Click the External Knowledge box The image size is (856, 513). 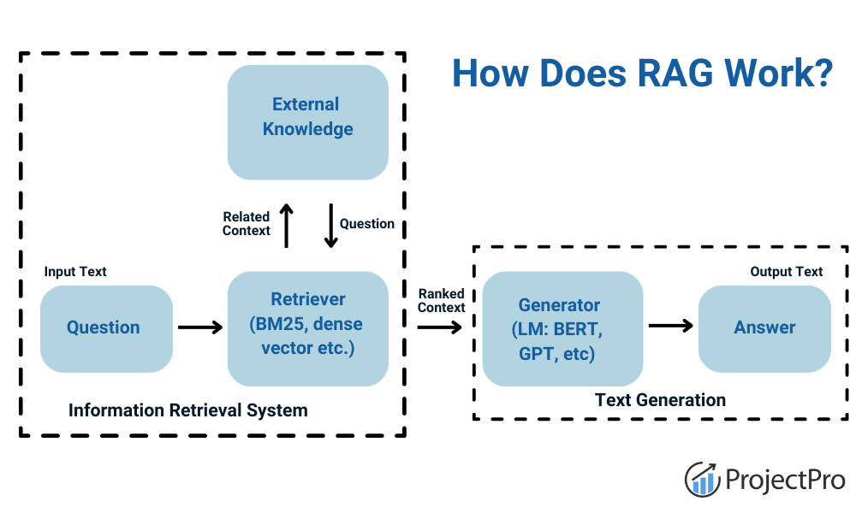(307, 122)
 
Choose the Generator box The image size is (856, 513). (562, 328)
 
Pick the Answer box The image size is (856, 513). (764, 328)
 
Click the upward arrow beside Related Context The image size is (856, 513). (287, 226)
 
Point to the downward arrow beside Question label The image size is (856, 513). (330, 226)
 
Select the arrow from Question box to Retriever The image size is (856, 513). (199, 327)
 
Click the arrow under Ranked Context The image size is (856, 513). (440, 327)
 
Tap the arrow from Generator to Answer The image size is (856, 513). (669, 326)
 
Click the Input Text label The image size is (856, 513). (75, 272)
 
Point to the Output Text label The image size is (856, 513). (787, 272)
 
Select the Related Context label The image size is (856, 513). (247, 224)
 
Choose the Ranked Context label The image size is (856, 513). (442, 301)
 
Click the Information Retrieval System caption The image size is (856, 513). (187, 410)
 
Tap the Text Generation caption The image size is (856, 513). (660, 400)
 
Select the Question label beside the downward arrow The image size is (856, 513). (367, 224)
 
